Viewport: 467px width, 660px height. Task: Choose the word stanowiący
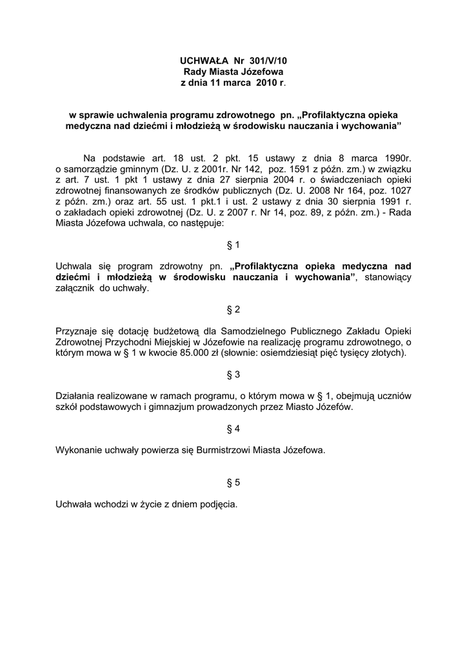click(388, 277)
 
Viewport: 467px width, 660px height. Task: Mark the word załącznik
click(77, 289)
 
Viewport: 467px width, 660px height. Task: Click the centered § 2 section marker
click(234, 309)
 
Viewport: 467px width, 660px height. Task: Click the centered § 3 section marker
click(234, 374)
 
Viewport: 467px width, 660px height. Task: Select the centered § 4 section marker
click(234, 429)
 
